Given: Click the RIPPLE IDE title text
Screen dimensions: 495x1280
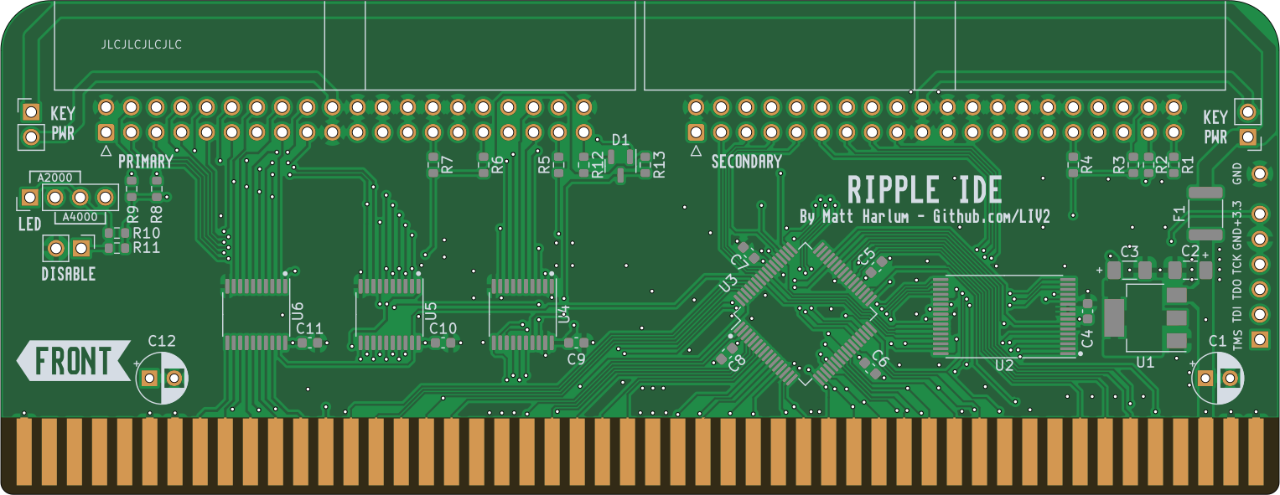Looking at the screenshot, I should pyautogui.click(x=925, y=190).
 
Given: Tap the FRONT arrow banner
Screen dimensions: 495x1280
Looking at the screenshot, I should pyautogui.click(x=74, y=361).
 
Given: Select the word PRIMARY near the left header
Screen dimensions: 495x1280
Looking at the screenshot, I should pyautogui.click(x=146, y=161).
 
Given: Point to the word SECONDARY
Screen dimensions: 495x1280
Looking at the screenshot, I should pyautogui.click(x=746, y=162).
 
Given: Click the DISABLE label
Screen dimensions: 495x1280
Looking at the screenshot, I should pyautogui.click(x=69, y=274).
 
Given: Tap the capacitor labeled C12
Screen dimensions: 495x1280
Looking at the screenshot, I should pyautogui.click(x=162, y=378).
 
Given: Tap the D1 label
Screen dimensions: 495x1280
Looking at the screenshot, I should pyautogui.click(x=620, y=140).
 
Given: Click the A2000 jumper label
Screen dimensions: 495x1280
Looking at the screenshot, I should pyautogui.click(x=55, y=177).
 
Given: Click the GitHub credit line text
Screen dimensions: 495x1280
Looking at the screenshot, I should pyautogui.click(x=925, y=216).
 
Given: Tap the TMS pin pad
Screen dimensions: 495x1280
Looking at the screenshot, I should pyautogui.click(x=1259, y=339).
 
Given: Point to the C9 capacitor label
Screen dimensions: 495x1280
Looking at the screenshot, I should pyautogui.click(x=576, y=359).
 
